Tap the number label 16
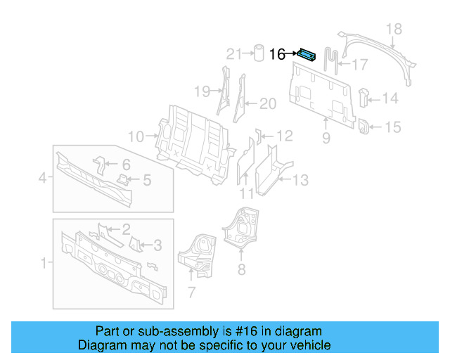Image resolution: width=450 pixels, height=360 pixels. tap(278, 54)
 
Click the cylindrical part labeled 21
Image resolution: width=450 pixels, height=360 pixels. tap(258, 53)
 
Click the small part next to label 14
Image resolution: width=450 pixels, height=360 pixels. tap(364, 96)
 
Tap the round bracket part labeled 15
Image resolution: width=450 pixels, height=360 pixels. tap(365, 127)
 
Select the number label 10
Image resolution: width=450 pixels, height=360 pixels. tap(136, 136)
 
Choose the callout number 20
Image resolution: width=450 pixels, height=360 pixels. tap(268, 104)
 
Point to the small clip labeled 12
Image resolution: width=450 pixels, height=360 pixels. tap(257, 134)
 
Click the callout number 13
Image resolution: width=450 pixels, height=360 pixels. tap(300, 181)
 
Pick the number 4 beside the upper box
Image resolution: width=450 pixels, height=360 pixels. tap(43, 179)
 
